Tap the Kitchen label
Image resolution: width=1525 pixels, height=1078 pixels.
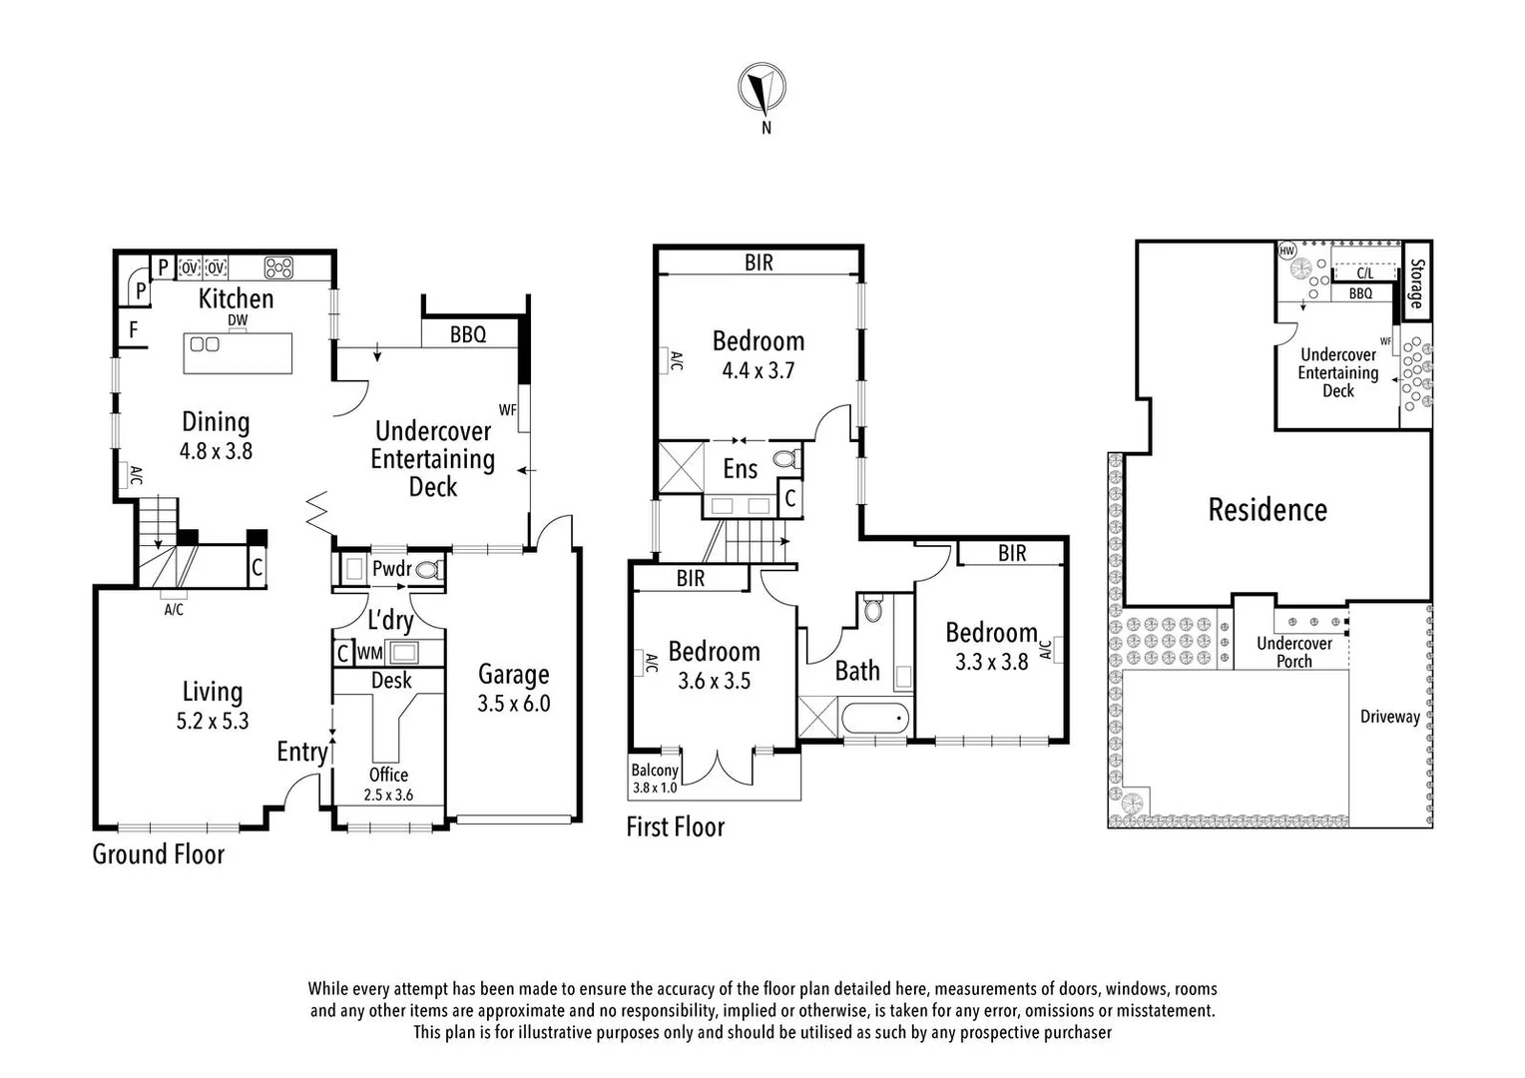click(236, 298)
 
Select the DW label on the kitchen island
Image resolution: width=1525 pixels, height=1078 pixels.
click(237, 320)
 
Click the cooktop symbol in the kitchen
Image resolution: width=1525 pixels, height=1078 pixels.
click(278, 268)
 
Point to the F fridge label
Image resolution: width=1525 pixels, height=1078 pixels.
click(133, 330)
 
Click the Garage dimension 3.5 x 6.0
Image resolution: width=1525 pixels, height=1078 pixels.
click(513, 704)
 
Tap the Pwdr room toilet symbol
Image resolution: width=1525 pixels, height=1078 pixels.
click(428, 570)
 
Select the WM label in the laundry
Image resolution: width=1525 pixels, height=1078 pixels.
click(369, 654)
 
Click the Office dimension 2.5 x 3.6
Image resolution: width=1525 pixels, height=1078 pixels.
click(388, 796)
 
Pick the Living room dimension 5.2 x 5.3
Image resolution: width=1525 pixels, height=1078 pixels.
click(213, 722)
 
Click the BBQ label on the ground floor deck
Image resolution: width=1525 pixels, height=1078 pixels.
click(467, 334)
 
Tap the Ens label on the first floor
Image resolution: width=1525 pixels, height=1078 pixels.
click(740, 469)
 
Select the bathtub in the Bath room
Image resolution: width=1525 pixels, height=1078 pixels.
click(875, 717)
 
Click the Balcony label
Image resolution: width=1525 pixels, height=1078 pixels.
click(655, 771)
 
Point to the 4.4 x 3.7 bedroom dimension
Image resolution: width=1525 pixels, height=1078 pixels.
click(759, 370)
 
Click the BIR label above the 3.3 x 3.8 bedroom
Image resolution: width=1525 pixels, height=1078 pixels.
click(1011, 553)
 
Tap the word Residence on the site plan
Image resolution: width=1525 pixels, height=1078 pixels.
click(1268, 510)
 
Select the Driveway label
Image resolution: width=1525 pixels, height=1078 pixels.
click(1389, 717)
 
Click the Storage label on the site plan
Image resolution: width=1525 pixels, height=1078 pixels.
click(1416, 283)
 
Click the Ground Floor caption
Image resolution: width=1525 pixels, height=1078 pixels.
click(159, 854)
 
